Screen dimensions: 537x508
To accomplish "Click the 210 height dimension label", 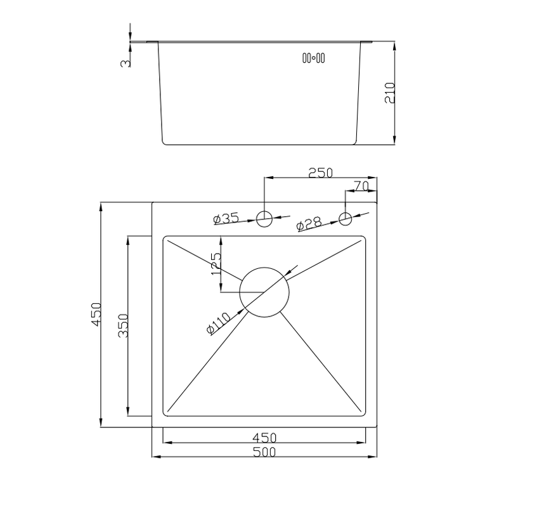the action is pos(390,93).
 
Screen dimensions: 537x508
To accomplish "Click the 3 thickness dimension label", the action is pos(126,63).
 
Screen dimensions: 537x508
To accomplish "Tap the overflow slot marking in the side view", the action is pos(313,58).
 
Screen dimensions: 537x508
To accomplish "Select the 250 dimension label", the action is pos(320,173).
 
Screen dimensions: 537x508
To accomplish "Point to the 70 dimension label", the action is pos(361,186).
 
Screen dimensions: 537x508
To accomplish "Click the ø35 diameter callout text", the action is pos(226,218).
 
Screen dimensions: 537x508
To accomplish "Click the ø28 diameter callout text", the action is pos(309,224).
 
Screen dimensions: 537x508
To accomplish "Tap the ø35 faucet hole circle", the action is pos(264,211).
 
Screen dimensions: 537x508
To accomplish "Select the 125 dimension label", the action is pos(216,263).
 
